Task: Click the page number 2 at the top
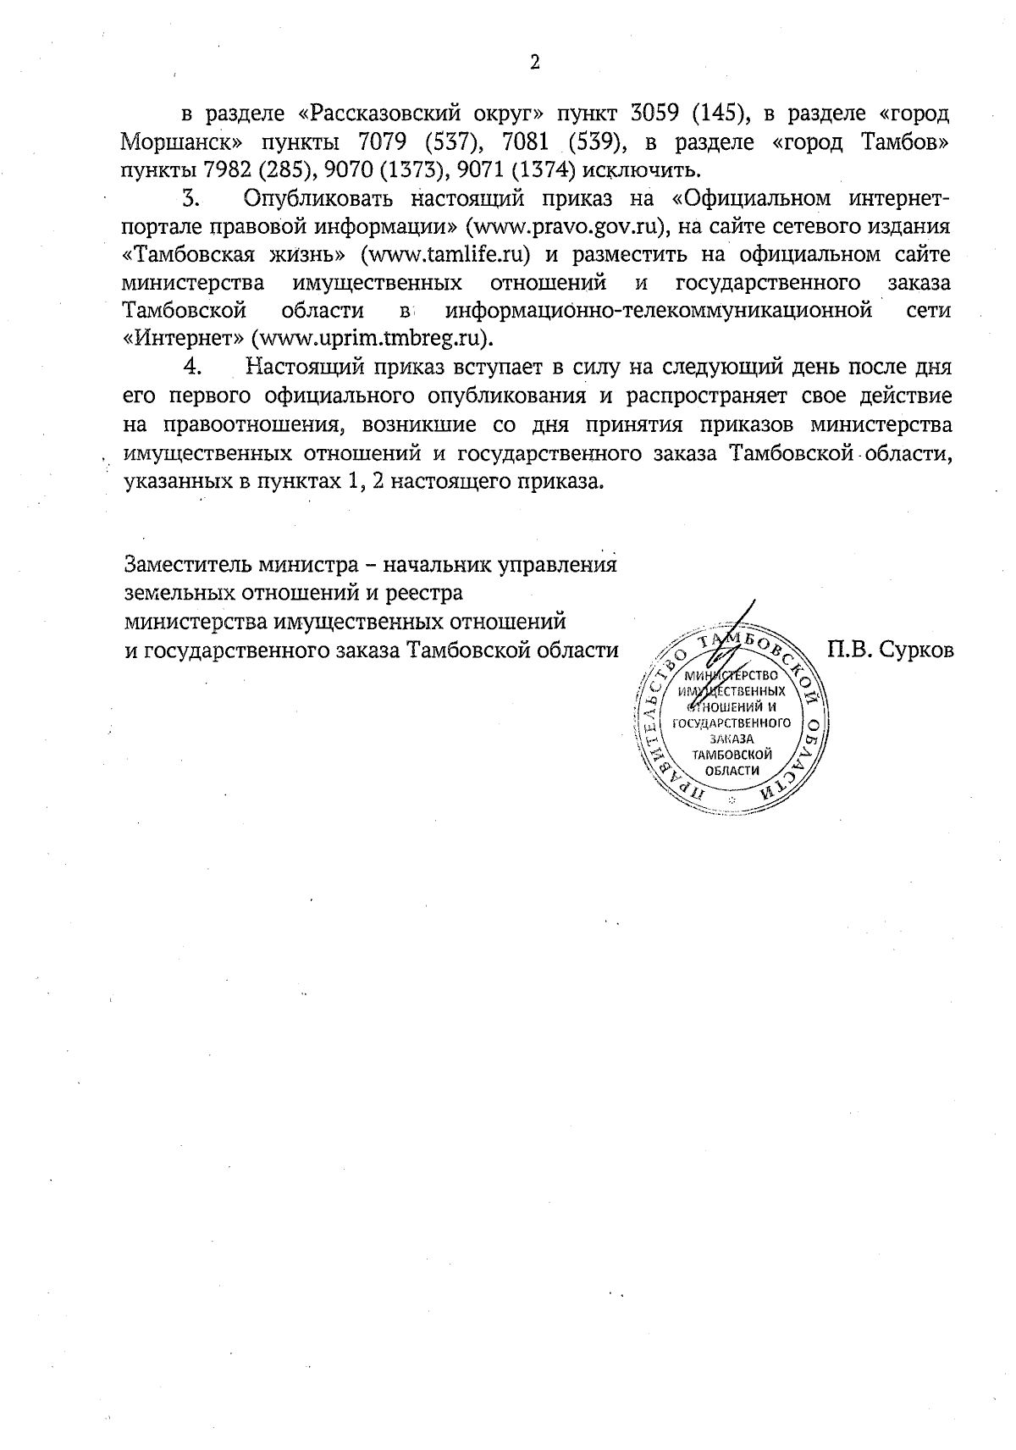click(534, 62)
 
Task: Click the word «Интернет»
click(183, 338)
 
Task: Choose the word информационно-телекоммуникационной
click(659, 310)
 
